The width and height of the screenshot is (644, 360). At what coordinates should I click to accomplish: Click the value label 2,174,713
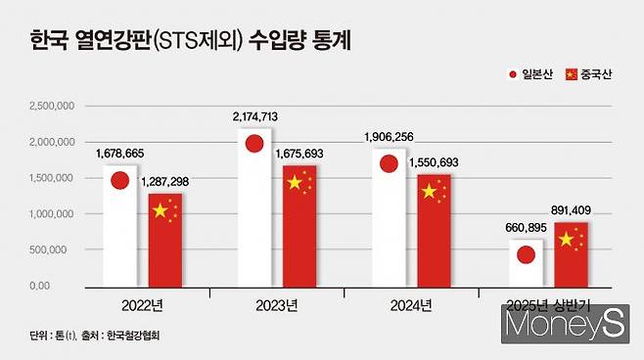[256, 117]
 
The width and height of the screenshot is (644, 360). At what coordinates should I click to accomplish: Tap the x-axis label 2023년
[277, 303]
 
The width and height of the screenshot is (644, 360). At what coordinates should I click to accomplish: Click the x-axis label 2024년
[411, 303]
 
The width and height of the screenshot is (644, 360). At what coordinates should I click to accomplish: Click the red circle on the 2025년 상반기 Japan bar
[526, 255]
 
